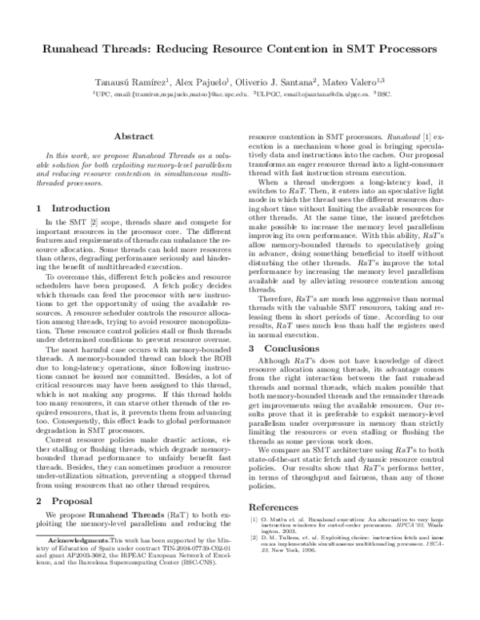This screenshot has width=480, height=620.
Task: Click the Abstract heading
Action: click(x=134, y=137)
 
